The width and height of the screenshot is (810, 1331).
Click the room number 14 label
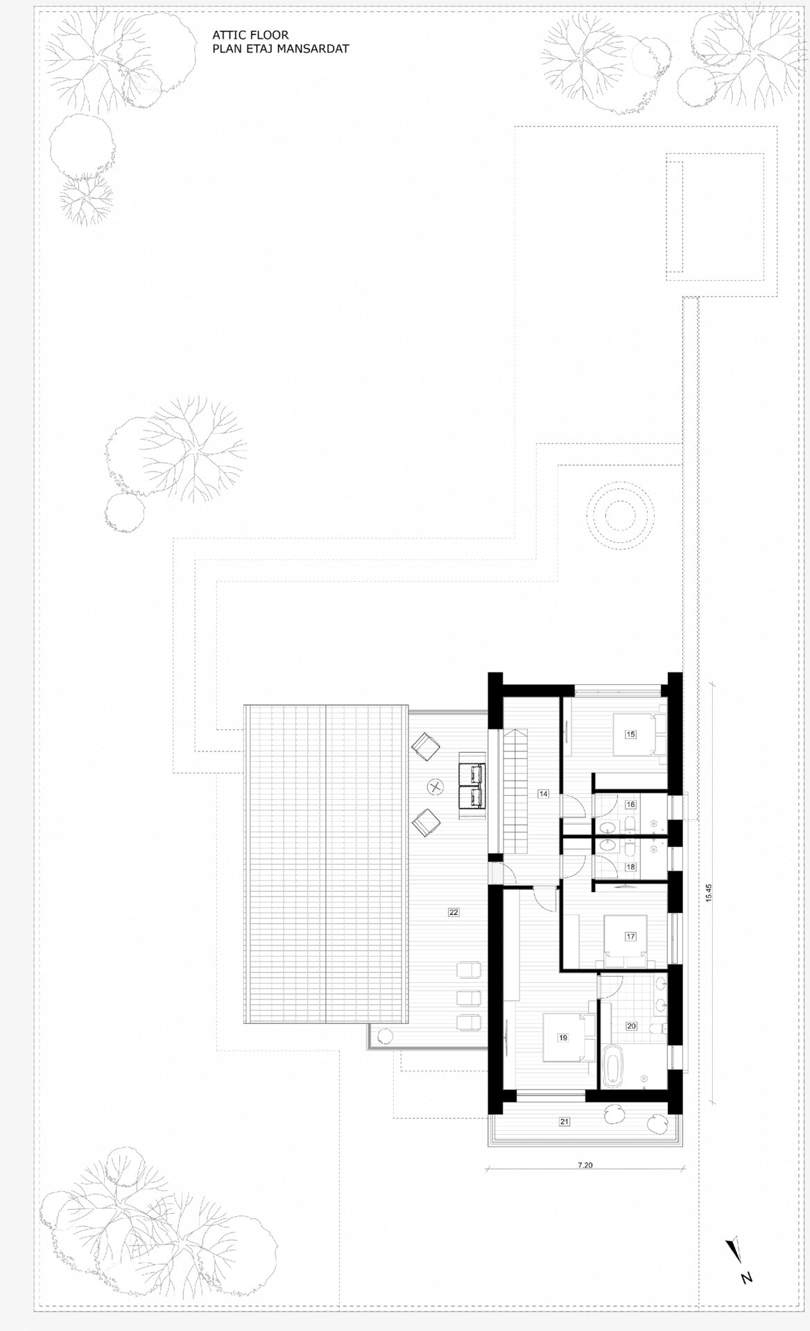click(542, 794)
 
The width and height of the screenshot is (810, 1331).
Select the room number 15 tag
click(630, 733)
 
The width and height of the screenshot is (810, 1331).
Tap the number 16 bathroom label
click(630, 805)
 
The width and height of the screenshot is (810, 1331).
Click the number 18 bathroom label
click(630, 867)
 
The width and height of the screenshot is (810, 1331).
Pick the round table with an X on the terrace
click(436, 786)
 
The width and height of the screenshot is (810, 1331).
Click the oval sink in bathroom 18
click(609, 845)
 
